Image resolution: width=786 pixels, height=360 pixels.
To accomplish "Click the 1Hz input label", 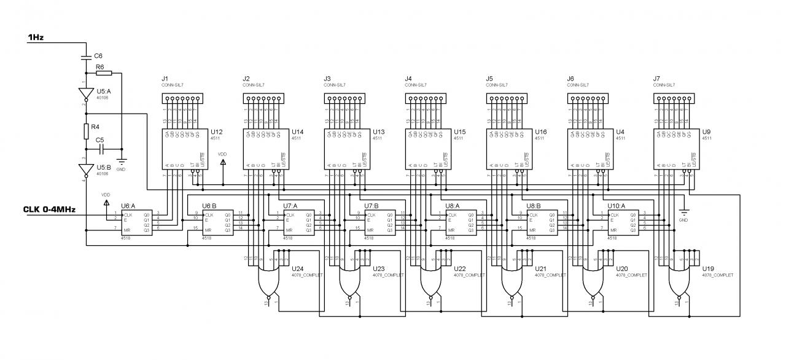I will (x=36, y=38).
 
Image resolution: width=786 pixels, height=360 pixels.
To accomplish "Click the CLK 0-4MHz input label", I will (x=49, y=209).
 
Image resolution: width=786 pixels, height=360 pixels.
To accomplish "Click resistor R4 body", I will (x=86, y=131).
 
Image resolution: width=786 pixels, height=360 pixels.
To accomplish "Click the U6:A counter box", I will (x=136, y=222).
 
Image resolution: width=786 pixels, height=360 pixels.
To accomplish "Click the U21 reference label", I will (x=540, y=269).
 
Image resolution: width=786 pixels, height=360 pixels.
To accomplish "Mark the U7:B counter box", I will (x=379, y=222).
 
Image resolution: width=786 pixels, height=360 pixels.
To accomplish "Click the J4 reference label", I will (x=408, y=79).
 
